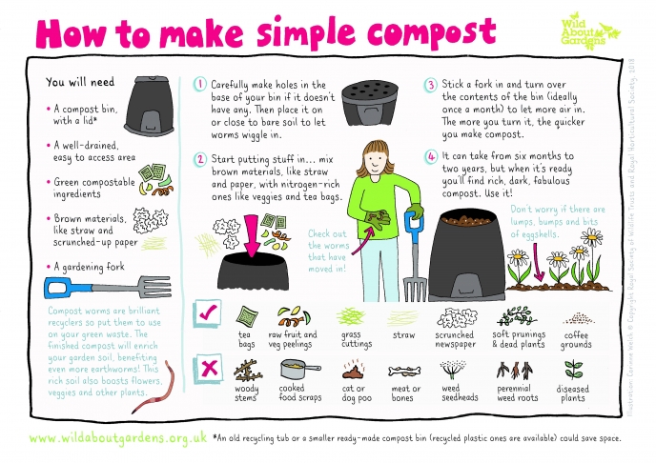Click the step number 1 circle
[200, 84]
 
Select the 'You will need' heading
[77, 82]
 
